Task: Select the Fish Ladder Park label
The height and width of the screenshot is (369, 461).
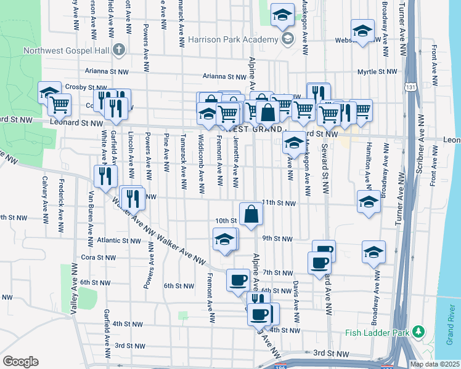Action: pos(378,333)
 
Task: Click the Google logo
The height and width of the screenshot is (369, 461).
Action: pos(20,362)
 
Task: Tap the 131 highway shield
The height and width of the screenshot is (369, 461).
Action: pos(411,87)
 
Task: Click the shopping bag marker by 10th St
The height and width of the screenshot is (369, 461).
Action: pos(251,214)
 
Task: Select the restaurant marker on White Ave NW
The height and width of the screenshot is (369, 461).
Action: pos(105,176)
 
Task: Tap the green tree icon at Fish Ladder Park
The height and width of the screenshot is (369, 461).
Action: pos(419,332)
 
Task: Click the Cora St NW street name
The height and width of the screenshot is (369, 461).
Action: pos(95,258)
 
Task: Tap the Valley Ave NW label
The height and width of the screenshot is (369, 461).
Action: pos(73,289)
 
